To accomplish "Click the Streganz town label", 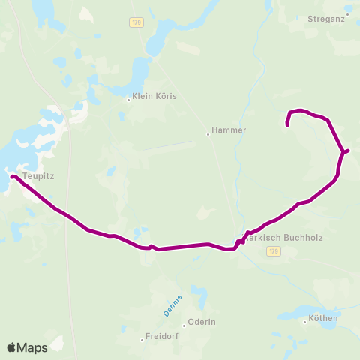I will pyautogui.click(x=326, y=17).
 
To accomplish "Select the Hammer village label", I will pyautogui.click(x=229, y=130).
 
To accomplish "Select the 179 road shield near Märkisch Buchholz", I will pyautogui.click(x=273, y=251).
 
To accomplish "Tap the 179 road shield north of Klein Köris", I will pyautogui.click(x=135, y=22).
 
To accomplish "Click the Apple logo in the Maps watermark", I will pyautogui.click(x=11, y=347).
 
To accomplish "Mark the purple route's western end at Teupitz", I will pyautogui.click(x=12, y=176).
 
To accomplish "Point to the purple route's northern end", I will pyautogui.click(x=288, y=124).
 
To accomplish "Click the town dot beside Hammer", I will pyautogui.click(x=208, y=135).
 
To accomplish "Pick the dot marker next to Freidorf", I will pyautogui.click(x=142, y=340).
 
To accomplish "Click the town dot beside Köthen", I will pyautogui.click(x=304, y=321).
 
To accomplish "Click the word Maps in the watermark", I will pyautogui.click(x=32, y=347).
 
